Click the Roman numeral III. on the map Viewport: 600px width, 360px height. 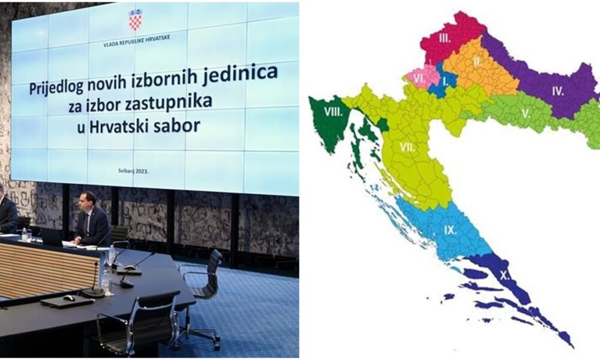(x=445, y=38)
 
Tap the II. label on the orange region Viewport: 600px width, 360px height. (x=477, y=61)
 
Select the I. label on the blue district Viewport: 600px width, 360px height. (x=445, y=81)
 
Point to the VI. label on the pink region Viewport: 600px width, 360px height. (x=420, y=79)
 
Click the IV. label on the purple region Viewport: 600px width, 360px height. (x=558, y=91)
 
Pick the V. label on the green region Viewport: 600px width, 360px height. (x=526, y=113)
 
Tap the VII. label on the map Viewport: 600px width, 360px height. (x=407, y=147)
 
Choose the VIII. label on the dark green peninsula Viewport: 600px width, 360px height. (x=333, y=112)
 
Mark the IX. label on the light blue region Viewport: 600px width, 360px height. (x=451, y=230)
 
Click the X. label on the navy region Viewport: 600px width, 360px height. (x=505, y=275)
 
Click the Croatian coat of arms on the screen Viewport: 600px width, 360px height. (x=135, y=20)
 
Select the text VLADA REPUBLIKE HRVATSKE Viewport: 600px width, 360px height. (x=137, y=41)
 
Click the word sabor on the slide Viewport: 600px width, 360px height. (x=177, y=125)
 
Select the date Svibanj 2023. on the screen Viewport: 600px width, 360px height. (x=134, y=172)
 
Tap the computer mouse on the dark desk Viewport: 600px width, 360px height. (x=69, y=298)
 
